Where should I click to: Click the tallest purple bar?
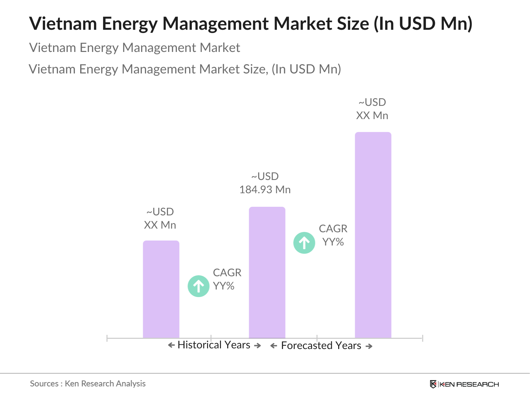373,235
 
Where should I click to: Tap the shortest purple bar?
161,289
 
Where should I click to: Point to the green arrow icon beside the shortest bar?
198,286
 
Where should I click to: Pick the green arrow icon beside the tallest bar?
304,243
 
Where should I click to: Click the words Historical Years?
214,345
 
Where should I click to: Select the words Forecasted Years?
321,346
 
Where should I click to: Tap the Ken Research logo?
464,384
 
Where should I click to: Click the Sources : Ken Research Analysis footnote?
88,383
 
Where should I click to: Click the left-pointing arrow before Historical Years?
171,345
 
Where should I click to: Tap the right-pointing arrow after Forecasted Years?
369,346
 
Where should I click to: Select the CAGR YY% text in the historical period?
227,279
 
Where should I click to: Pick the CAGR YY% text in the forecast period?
333,235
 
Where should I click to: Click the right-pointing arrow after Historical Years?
257,346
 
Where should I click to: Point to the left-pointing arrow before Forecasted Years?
274,346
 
